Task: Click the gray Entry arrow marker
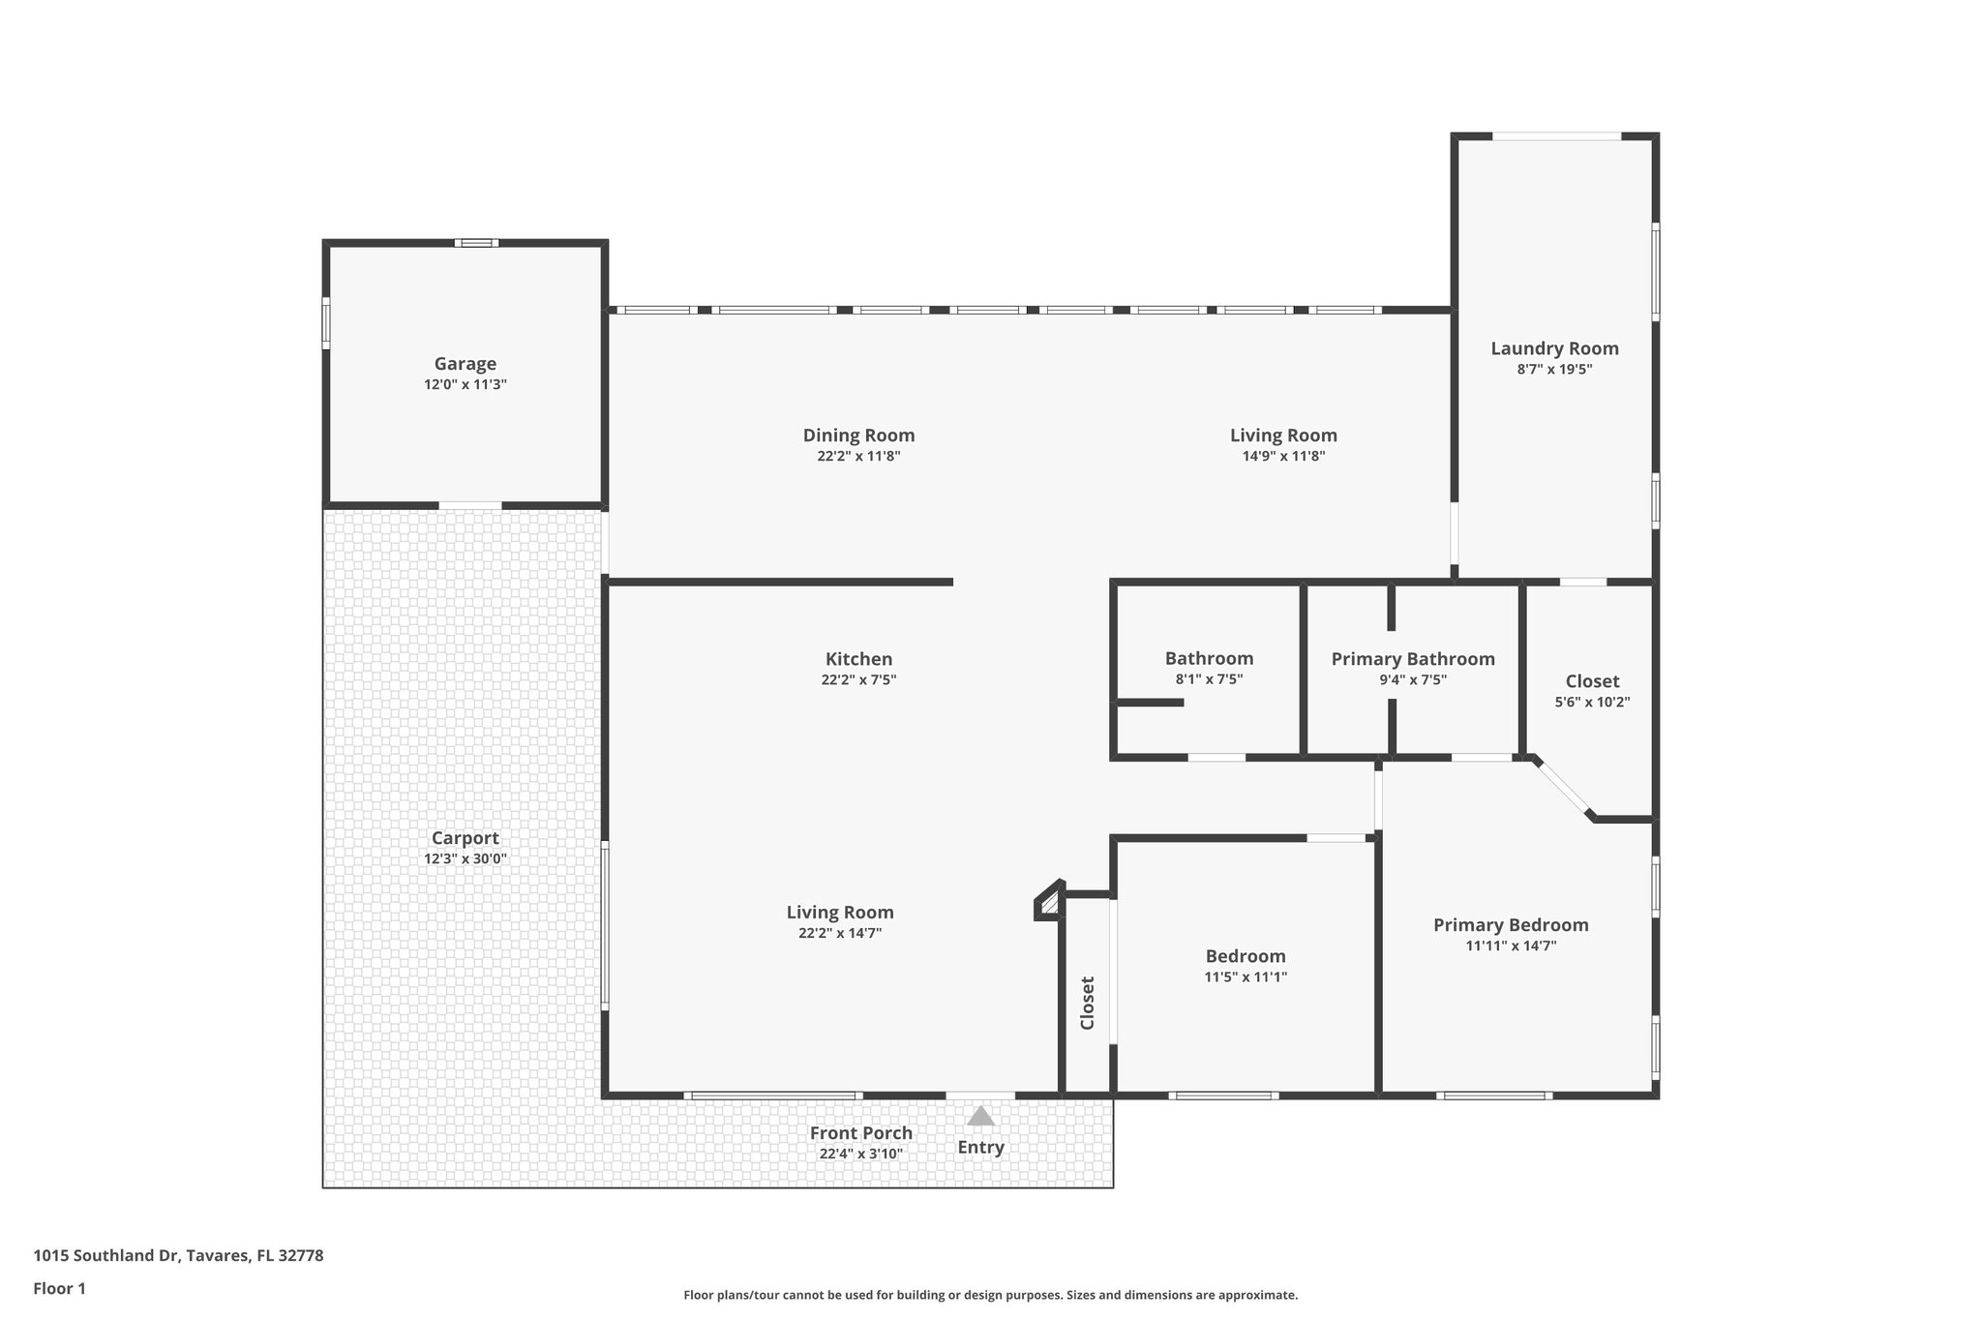pos(980,1117)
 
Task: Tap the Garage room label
pos(465,364)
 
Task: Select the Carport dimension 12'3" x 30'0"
pos(465,859)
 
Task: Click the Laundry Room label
pos(1554,348)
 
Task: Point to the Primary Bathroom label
pos(1412,659)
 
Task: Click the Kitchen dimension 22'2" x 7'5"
pos(858,680)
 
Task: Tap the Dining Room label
pos(858,435)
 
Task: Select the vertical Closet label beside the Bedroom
pos(1087,1003)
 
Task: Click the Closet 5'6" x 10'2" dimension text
pos(1592,703)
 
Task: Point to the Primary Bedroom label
pos(1511,925)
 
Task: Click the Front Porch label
pos(860,1133)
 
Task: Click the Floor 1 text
pos(60,1288)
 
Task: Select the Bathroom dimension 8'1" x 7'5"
pos(1209,680)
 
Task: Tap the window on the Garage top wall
pos(476,243)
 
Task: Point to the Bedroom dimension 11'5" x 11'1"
pos(1246,977)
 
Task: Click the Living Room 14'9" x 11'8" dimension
pos(1283,457)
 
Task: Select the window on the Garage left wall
pos(326,322)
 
